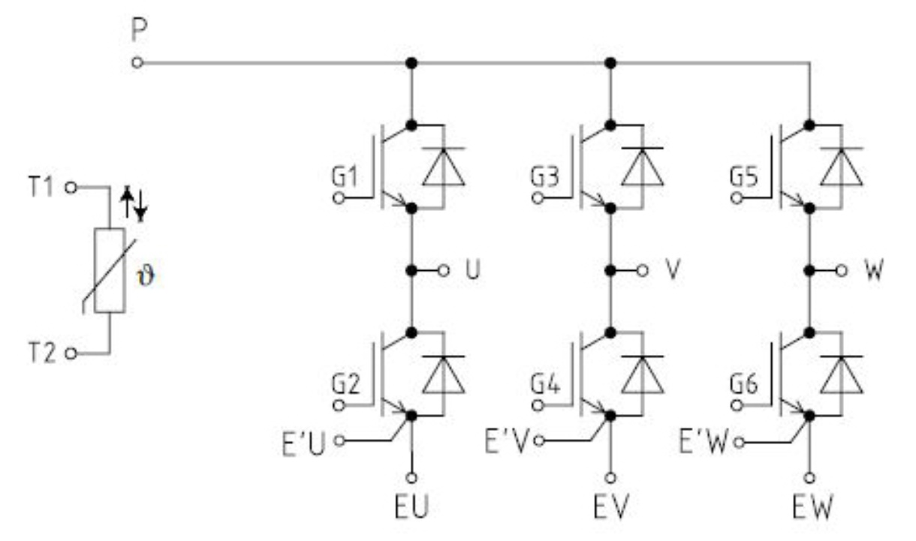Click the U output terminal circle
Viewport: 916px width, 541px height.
pyautogui.click(x=444, y=269)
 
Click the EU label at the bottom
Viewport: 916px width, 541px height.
pyautogui.click(x=412, y=509)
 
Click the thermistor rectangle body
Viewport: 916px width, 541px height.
pyautogui.click(x=110, y=270)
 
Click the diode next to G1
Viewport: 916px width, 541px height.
pyautogui.click(x=443, y=167)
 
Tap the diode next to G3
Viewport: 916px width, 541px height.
pyautogui.click(x=643, y=167)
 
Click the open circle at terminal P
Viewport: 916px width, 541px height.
pyautogui.click(x=137, y=64)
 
